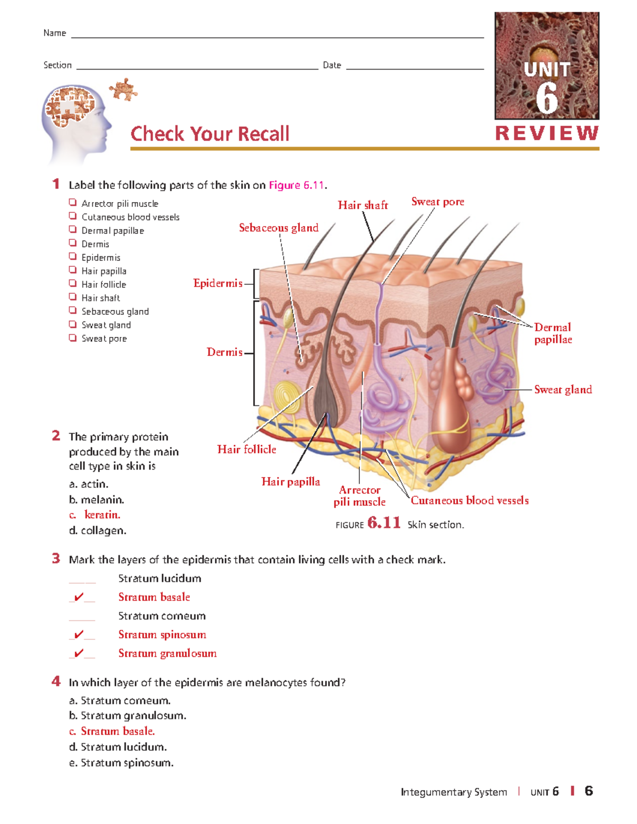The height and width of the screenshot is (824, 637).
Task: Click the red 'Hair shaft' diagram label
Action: pyautogui.click(x=363, y=205)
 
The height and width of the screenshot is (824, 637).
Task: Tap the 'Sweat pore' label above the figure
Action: pyautogui.click(x=437, y=202)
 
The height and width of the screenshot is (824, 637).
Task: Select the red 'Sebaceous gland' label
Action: pyautogui.click(x=279, y=228)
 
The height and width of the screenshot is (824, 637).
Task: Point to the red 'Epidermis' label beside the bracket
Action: pyautogui.click(x=218, y=283)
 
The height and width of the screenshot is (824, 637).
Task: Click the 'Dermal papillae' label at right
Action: pyautogui.click(x=553, y=333)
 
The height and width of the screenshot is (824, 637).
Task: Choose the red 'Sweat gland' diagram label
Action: pyautogui.click(x=563, y=389)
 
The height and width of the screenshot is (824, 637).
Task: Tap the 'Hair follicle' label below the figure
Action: pyautogui.click(x=246, y=449)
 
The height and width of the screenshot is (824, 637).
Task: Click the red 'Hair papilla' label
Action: pyautogui.click(x=290, y=482)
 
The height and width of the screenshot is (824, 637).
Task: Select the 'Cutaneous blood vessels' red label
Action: pyautogui.click(x=469, y=500)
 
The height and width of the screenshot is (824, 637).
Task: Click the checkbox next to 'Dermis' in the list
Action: pyautogui.click(x=73, y=243)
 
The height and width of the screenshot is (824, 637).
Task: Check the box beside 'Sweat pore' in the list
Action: pyautogui.click(x=73, y=337)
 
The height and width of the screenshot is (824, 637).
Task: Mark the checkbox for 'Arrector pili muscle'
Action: pyautogui.click(x=73, y=203)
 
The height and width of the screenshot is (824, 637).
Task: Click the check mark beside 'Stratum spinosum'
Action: pyautogui.click(x=79, y=635)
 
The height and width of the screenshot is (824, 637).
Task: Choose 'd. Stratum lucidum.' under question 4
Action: pyautogui.click(x=118, y=747)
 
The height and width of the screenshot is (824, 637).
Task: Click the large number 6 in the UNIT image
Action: pyautogui.click(x=547, y=98)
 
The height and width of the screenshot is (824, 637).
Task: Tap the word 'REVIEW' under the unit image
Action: pyautogui.click(x=547, y=133)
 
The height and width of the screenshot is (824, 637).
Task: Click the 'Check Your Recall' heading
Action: pyautogui.click(x=210, y=134)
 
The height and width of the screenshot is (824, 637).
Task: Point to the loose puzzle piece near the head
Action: pyautogui.click(x=124, y=89)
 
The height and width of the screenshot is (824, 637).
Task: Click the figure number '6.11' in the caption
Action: pyautogui.click(x=384, y=523)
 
